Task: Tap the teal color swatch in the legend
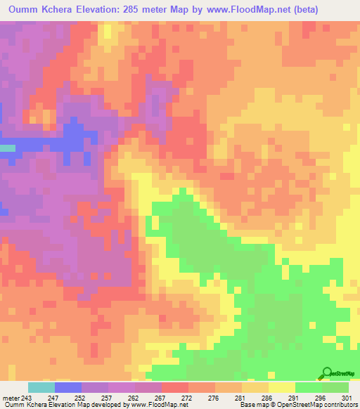coord(41,387)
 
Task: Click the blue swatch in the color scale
coord(68,387)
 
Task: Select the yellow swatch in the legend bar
coord(282,387)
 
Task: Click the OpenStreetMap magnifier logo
coord(326,373)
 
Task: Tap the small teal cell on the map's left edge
coord(7,148)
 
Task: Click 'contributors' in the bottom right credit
coord(340,405)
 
